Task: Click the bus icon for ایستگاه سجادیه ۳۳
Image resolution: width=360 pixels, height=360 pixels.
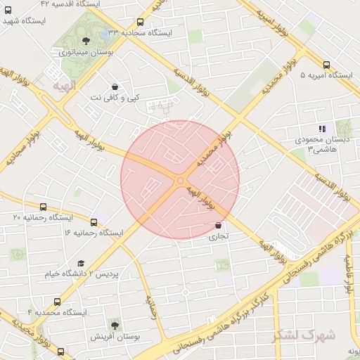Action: (141, 23)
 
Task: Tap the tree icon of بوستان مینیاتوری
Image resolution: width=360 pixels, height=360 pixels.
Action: (86, 41)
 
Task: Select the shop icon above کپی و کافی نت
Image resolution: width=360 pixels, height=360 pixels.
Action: (115, 87)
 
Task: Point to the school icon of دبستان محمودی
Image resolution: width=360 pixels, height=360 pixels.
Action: (323, 129)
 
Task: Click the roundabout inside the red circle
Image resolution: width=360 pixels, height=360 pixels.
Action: (181, 180)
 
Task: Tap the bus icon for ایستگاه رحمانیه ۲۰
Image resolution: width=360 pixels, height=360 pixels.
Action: (44, 207)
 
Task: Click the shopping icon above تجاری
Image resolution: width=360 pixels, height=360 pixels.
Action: (219, 226)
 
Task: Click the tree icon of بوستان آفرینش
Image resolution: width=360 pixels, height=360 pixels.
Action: (114, 325)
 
